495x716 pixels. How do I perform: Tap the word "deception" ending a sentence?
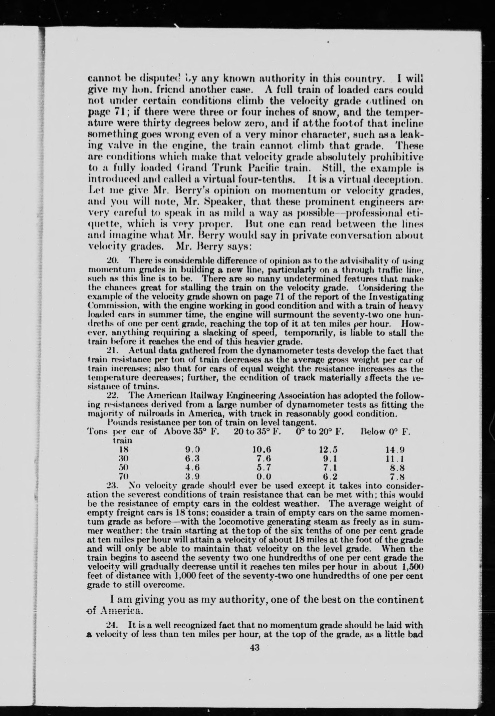click(x=401, y=179)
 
